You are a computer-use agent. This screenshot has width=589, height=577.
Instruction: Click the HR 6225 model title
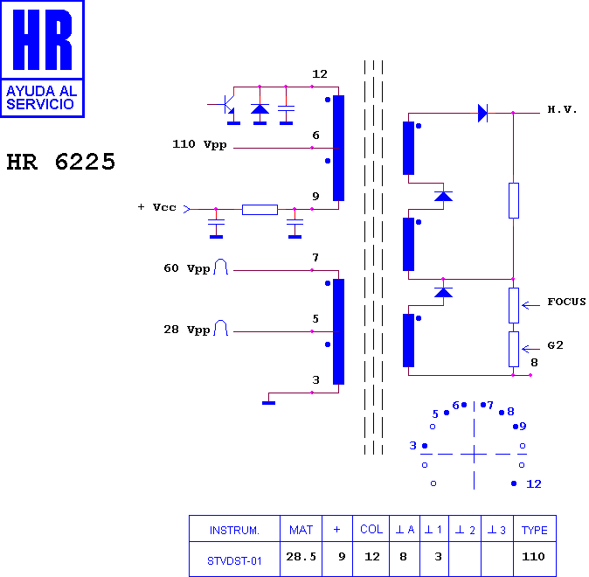click(61, 162)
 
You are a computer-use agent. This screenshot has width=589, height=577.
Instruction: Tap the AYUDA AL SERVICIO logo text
click(42, 97)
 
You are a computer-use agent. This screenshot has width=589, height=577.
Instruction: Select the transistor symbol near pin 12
click(225, 105)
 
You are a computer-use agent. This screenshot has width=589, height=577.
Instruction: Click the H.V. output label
click(562, 109)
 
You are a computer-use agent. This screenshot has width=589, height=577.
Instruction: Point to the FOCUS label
click(566, 302)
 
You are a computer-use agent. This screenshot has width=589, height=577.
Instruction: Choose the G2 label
click(555, 345)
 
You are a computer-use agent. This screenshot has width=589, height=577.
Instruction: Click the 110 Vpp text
click(199, 144)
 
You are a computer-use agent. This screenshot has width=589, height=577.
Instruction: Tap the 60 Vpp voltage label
click(187, 268)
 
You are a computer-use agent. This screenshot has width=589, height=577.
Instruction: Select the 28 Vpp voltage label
click(187, 330)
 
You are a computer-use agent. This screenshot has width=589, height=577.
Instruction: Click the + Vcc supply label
click(157, 207)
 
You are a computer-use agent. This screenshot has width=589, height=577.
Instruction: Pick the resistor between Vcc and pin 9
click(260, 209)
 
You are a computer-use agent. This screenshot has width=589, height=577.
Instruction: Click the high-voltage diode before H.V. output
click(482, 113)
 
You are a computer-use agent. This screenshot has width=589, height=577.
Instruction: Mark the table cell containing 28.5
click(301, 559)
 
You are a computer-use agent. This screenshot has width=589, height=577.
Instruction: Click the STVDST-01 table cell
click(234, 559)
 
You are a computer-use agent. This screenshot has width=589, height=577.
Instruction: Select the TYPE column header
click(535, 529)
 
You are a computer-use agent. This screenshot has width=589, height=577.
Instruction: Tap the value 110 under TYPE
click(533, 556)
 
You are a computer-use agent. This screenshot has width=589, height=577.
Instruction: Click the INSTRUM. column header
click(234, 529)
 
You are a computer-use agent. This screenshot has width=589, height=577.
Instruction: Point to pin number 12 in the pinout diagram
click(534, 483)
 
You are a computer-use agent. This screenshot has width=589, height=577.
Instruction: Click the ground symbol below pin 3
click(268, 403)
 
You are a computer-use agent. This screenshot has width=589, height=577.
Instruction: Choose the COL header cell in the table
click(371, 529)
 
